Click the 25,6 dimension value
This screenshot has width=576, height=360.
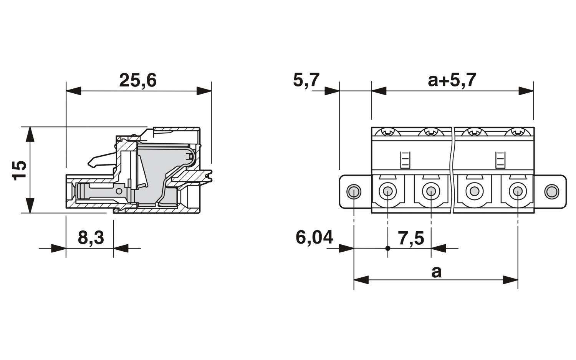[x=137, y=81]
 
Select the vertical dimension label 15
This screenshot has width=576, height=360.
[x=19, y=170]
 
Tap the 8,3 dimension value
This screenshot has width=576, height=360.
[x=91, y=238]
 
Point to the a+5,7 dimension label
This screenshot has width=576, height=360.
[x=452, y=80]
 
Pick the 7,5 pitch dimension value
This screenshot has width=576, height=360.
[x=410, y=239]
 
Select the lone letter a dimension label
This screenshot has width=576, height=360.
[x=436, y=272]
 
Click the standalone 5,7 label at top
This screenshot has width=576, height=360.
[x=306, y=80]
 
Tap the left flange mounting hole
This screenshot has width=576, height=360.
[x=353, y=191]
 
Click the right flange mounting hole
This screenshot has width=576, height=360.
[x=551, y=191]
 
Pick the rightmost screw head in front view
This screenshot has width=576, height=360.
[x=517, y=133]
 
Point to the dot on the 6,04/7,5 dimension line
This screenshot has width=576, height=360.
[x=388, y=249]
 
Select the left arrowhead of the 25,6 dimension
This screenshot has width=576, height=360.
[x=73, y=91]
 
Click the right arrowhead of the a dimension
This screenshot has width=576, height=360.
[x=511, y=280]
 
